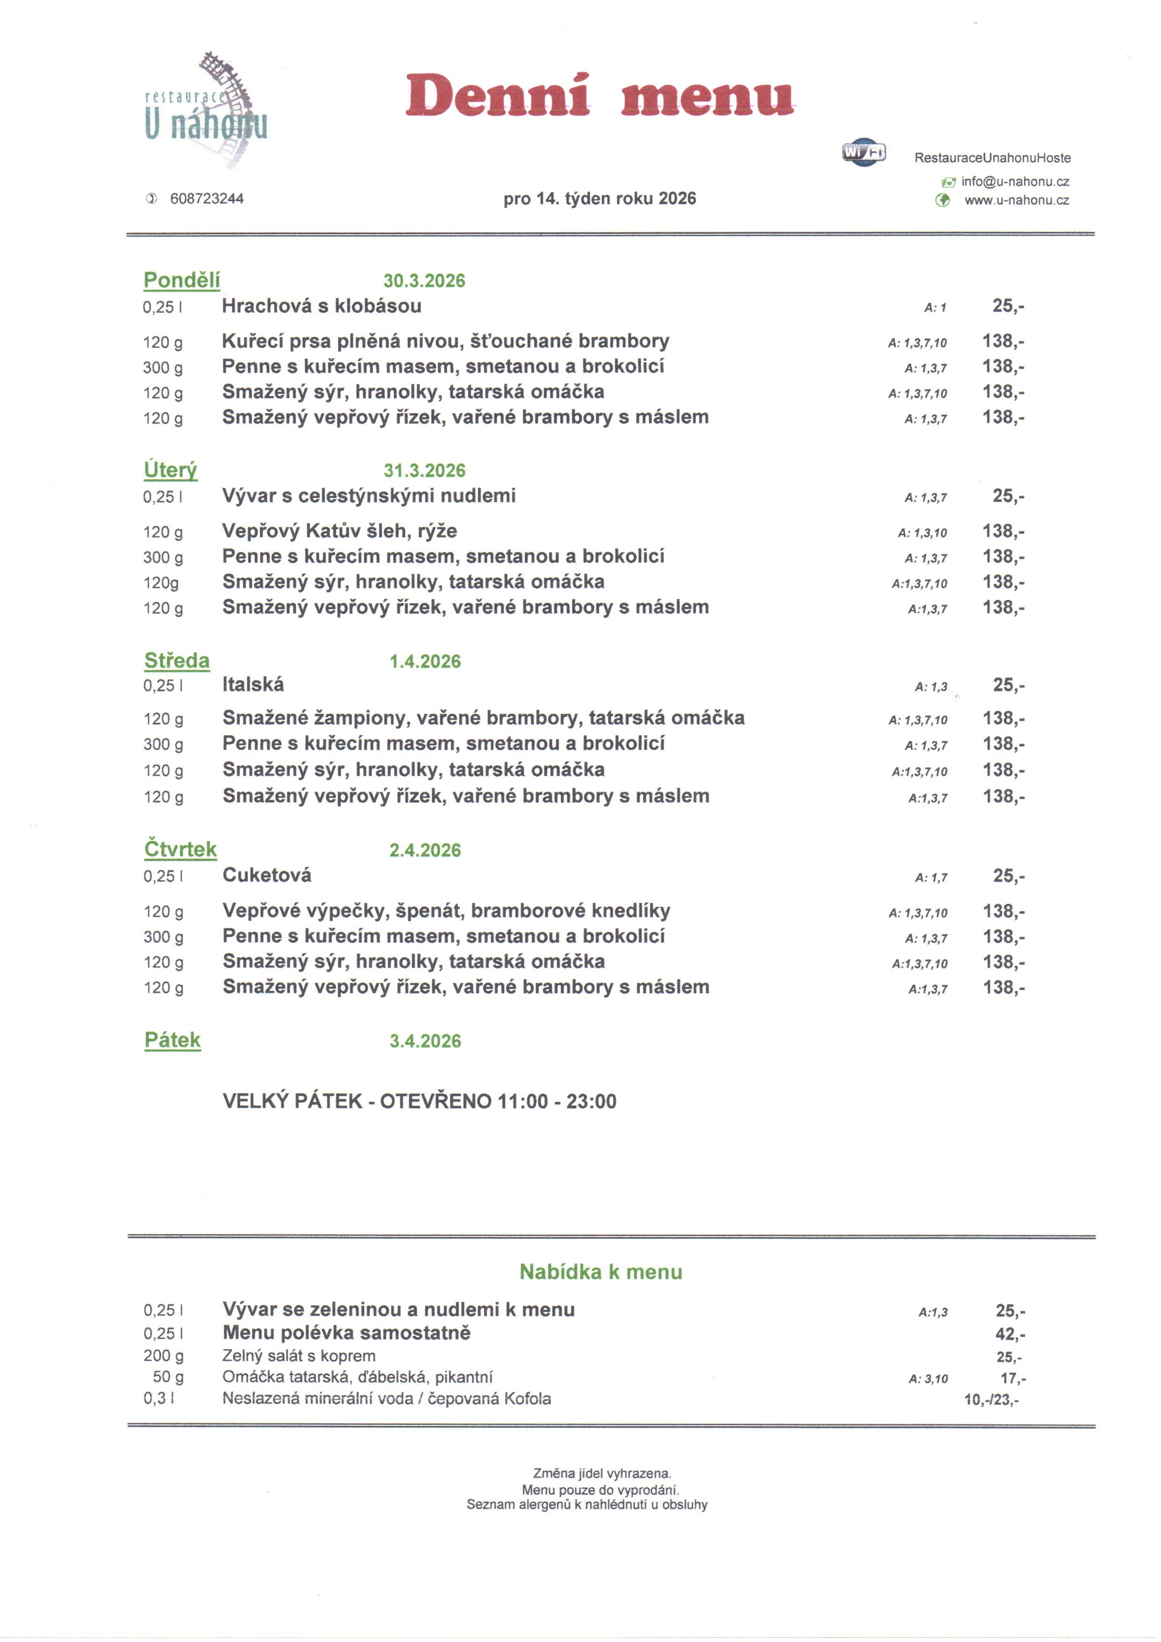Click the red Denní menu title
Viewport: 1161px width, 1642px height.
click(x=600, y=95)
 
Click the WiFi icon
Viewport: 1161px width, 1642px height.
click(x=863, y=151)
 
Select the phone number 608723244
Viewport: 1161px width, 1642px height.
click(x=207, y=199)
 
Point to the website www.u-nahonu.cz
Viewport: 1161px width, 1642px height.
click(x=1016, y=200)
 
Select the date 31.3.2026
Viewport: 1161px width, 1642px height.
click(x=424, y=470)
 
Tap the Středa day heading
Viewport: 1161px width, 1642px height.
click(x=176, y=660)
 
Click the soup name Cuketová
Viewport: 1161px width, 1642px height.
click(x=267, y=875)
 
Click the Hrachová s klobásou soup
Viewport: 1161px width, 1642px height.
click(x=321, y=306)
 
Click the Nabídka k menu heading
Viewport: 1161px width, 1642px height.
click(x=600, y=1272)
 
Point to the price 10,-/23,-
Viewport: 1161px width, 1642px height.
click(x=991, y=1400)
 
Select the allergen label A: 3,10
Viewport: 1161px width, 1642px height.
click(x=928, y=1379)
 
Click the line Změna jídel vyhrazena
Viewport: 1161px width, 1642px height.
click(x=602, y=1473)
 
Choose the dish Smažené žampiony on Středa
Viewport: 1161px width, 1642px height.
click(x=483, y=717)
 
